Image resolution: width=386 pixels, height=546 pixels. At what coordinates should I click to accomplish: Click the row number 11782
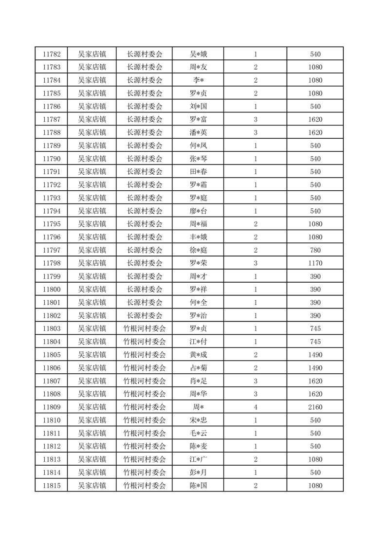[51, 54]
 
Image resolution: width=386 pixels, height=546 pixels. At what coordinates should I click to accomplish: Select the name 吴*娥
[198, 54]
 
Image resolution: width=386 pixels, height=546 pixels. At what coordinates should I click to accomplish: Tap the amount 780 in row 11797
[315, 250]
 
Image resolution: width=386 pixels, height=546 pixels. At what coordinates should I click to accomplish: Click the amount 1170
[315, 263]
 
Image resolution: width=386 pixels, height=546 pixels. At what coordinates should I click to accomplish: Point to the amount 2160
[315, 407]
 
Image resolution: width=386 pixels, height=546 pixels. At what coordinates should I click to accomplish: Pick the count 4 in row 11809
[256, 407]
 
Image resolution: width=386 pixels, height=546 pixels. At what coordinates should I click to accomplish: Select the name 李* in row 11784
[198, 80]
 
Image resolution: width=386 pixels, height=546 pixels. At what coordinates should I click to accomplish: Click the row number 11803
[51, 328]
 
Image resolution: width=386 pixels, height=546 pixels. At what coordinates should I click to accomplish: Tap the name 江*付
[198, 342]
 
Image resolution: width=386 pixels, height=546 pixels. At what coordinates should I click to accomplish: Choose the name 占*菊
[198, 368]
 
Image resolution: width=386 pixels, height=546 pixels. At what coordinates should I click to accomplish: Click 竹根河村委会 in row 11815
[145, 485]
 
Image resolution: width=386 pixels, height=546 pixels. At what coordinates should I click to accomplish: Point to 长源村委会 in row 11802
[145, 315]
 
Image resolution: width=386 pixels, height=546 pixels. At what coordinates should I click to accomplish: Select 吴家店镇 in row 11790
[92, 159]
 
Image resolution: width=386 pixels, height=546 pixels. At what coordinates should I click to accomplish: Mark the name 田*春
[198, 172]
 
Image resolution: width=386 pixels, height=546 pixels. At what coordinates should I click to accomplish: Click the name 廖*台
[198, 211]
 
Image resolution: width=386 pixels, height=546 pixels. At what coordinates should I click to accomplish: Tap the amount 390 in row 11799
[315, 276]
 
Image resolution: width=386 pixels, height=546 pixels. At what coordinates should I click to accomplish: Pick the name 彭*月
[198, 472]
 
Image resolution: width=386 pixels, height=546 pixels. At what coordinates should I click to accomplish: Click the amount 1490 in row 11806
[315, 368]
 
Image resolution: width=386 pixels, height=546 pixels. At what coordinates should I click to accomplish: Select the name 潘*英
[198, 132]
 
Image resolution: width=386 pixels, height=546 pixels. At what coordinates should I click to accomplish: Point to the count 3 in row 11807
[256, 381]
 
